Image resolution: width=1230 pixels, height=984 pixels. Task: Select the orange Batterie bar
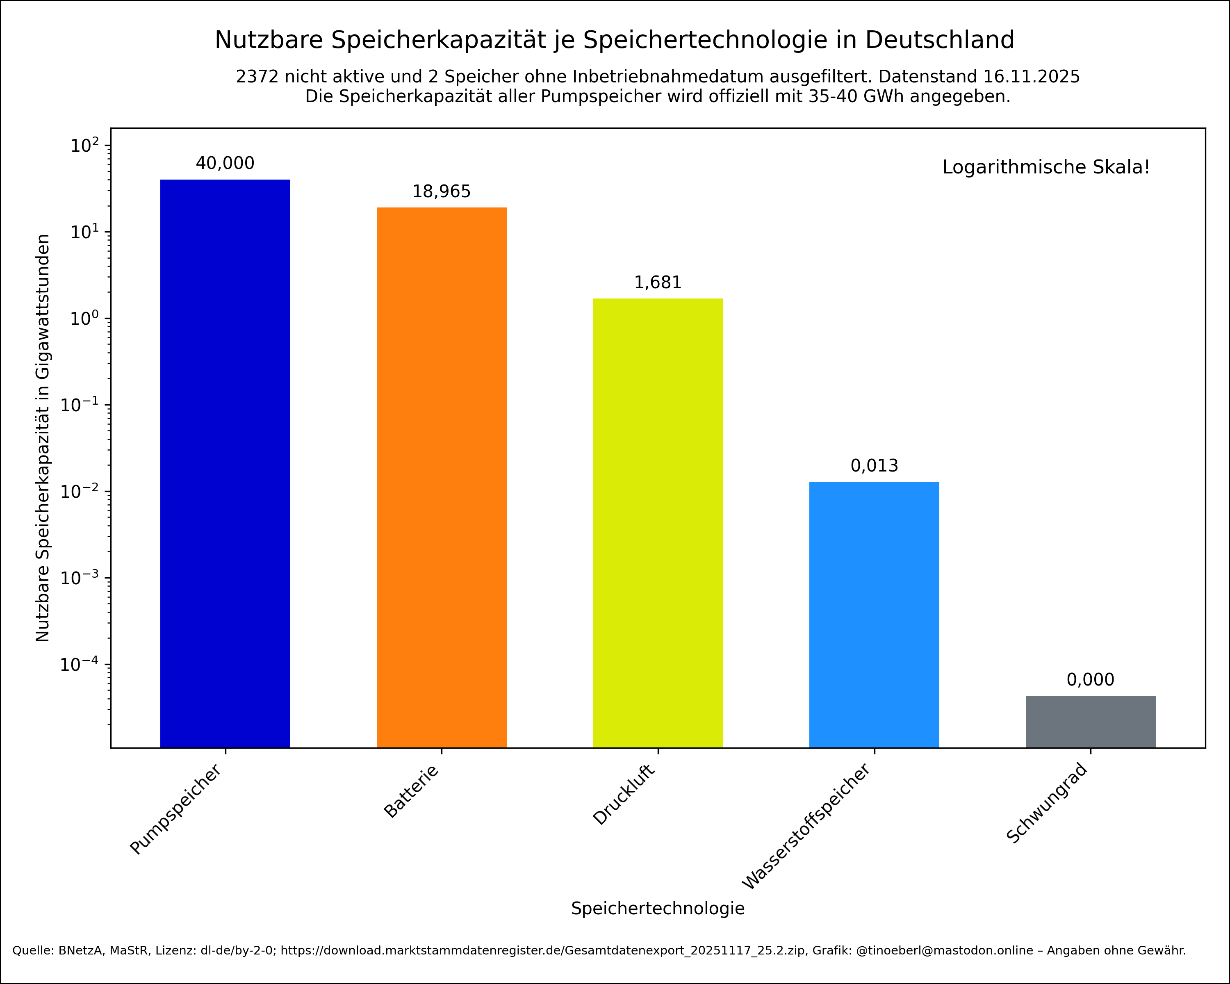[441, 477]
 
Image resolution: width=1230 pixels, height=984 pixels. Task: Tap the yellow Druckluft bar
[657, 522]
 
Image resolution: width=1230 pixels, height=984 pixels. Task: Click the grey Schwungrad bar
[1090, 722]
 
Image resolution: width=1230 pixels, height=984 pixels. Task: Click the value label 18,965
[441, 191]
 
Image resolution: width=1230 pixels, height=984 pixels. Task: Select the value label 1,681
[657, 283]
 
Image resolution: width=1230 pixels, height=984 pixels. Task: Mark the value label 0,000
[1090, 680]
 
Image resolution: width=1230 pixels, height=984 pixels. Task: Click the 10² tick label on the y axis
[84, 146]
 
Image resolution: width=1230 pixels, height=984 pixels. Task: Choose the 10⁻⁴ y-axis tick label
[80, 664]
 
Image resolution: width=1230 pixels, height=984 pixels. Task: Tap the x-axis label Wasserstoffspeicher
[806, 827]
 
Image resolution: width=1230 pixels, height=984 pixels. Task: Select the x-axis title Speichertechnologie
[657, 908]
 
